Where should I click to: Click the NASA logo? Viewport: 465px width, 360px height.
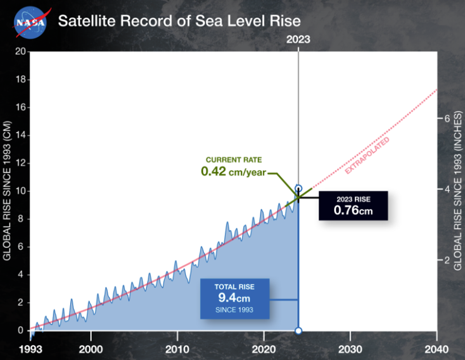[x=30, y=22]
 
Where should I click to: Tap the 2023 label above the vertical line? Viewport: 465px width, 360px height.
[x=298, y=40]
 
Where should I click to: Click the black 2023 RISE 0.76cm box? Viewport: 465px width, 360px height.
[x=353, y=206]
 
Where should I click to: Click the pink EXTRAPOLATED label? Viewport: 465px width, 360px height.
[x=367, y=156]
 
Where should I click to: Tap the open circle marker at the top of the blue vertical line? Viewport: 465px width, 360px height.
[x=298, y=189]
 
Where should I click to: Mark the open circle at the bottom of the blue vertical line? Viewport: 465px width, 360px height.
[x=298, y=331]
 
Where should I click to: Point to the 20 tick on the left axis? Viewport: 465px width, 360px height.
[x=19, y=52]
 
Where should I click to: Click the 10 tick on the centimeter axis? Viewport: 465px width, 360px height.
[x=19, y=191]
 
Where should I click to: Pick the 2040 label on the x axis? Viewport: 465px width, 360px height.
[x=436, y=350]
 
